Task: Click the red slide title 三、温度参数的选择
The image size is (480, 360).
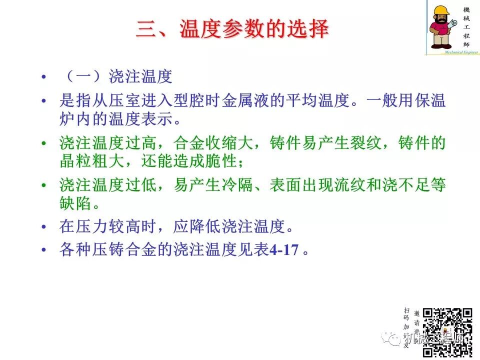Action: click(232, 29)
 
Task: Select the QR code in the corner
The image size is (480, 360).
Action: click(447, 327)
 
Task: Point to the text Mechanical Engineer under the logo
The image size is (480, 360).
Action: click(453, 51)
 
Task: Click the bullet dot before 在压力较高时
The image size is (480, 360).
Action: click(44, 227)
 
